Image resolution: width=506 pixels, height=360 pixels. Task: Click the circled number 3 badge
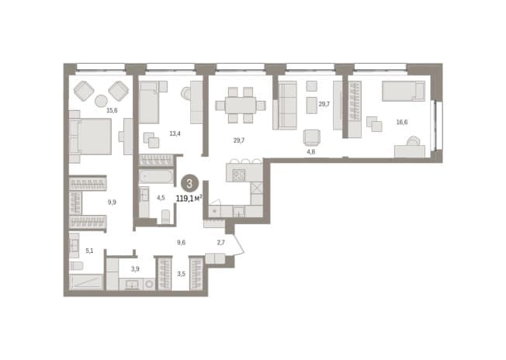[189, 184]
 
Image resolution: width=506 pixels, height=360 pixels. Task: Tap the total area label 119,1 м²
[189, 199]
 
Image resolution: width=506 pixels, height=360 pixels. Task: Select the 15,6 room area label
[112, 111]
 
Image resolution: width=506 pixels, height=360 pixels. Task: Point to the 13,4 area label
[175, 133]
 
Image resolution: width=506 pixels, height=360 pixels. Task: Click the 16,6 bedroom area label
[402, 122]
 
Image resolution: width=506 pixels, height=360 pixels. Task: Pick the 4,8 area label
[310, 151]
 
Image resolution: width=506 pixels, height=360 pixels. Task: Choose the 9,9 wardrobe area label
[112, 202]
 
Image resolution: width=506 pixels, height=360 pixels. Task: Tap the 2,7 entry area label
[220, 242]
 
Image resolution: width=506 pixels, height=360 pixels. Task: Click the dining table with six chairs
[241, 106]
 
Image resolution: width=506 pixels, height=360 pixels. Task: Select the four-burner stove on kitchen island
[239, 175]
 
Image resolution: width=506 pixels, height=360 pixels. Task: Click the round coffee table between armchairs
[102, 101]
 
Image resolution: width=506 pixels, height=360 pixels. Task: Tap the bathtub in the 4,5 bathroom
[156, 177]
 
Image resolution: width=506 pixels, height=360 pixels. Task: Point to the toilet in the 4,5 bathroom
[165, 216]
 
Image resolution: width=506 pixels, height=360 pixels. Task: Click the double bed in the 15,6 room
[91, 136]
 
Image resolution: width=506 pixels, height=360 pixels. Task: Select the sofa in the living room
[285, 106]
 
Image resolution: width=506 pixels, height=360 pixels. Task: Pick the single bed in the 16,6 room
[404, 91]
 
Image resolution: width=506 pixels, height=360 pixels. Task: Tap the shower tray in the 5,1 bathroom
[86, 282]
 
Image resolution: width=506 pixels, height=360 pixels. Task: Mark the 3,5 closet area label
[181, 274]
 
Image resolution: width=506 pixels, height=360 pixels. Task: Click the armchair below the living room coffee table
[312, 137]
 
